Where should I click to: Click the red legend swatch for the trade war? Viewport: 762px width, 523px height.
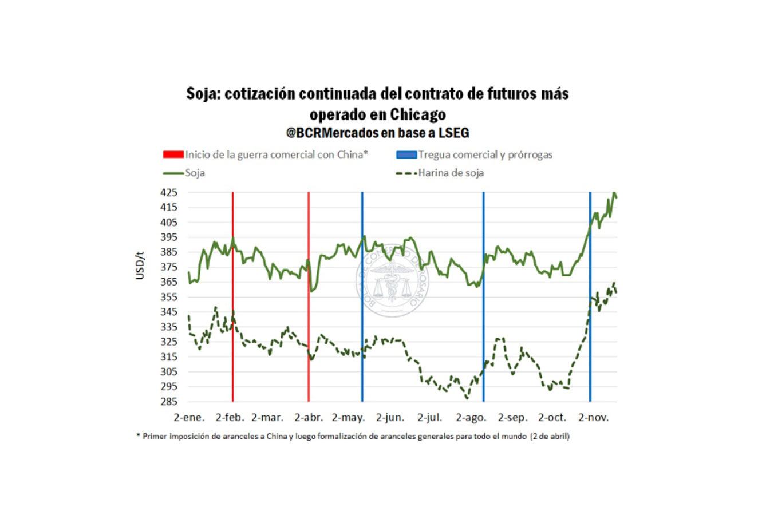click(173, 154)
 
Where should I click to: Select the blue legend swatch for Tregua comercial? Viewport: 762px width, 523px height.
click(406, 154)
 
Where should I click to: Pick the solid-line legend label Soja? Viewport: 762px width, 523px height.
click(195, 172)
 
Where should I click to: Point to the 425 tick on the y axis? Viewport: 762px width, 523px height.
click(168, 193)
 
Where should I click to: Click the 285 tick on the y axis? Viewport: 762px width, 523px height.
click(168, 402)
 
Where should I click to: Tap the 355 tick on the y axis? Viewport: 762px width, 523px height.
click(168, 297)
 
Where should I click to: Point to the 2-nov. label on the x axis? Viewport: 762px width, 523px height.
click(593, 418)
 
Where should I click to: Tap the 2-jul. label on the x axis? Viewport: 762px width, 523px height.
click(430, 418)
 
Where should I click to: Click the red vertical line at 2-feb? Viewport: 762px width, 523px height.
click(232, 315)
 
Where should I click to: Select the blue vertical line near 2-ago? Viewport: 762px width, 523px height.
click(484, 315)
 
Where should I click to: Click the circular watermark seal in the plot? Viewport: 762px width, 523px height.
click(392, 280)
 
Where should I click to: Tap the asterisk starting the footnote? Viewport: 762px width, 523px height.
click(138, 436)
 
